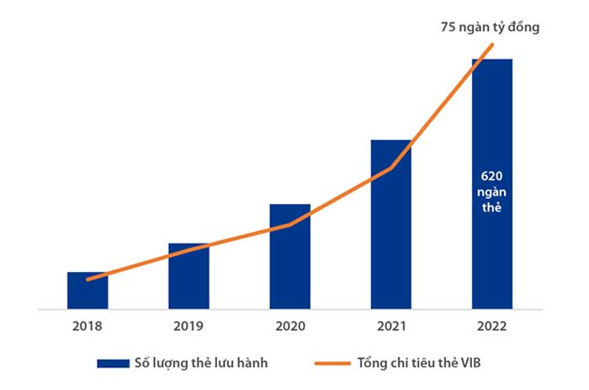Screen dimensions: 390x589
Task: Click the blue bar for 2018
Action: point(88,291)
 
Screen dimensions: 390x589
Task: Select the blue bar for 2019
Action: point(188,277)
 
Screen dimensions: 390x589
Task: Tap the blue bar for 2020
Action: point(289,257)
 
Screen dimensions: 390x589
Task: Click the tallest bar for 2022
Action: point(491,126)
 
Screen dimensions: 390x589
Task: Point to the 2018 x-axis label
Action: point(88,324)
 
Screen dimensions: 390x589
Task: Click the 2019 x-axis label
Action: point(188,324)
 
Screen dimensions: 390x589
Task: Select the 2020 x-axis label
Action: point(289,324)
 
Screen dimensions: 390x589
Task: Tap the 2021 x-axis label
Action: point(390,324)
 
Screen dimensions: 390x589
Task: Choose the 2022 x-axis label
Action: point(491,324)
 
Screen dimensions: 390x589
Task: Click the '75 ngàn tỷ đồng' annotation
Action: point(490,27)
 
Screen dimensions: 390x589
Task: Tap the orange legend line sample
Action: point(332,363)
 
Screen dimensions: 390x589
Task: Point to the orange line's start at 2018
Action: point(88,279)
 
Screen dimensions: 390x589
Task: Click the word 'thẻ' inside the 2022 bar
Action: point(491,206)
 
